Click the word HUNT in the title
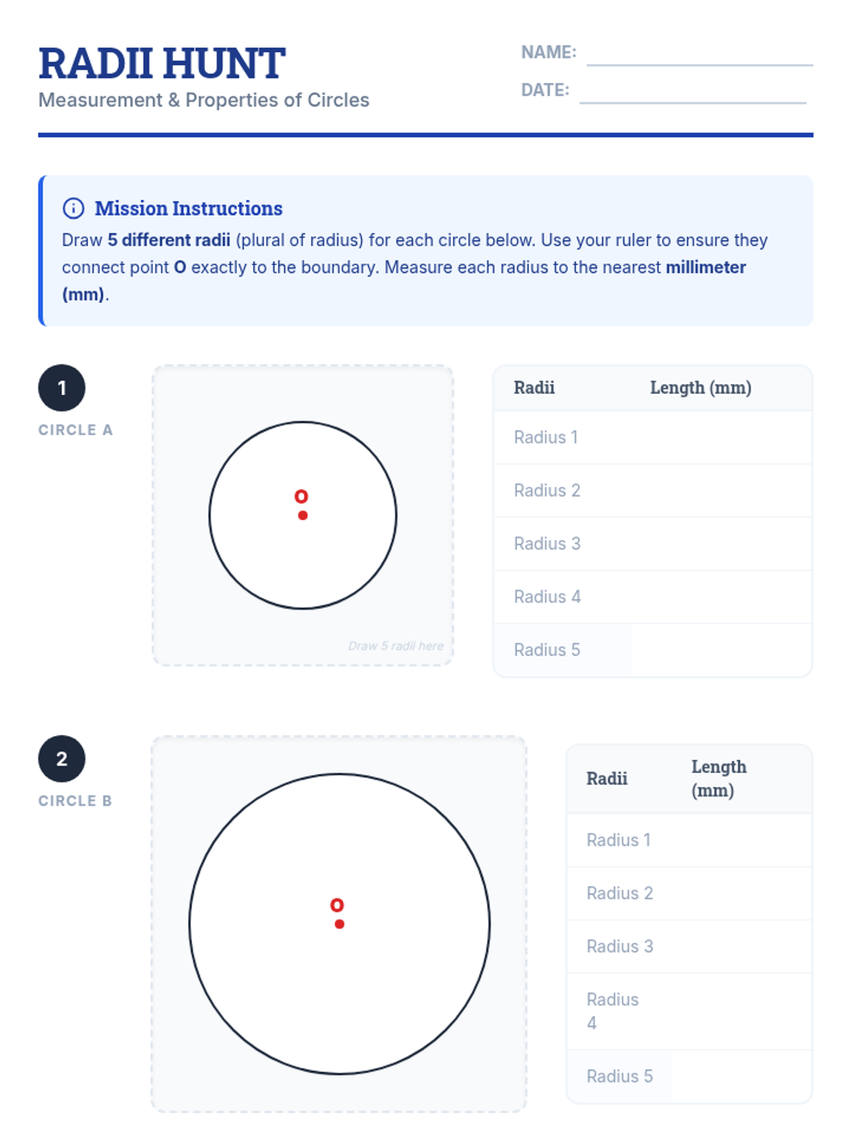pos(225,64)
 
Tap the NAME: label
pos(548,52)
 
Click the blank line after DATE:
pos(692,102)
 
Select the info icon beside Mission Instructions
pos(73,208)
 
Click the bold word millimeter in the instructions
pos(706,267)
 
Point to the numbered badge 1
pos(62,388)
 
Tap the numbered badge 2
pos(62,758)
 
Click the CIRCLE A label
pos(75,430)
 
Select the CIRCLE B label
pos(75,801)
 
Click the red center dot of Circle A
pos(303,515)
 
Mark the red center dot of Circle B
pos(340,924)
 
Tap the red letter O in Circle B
pos(337,905)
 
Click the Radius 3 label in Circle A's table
pos(547,544)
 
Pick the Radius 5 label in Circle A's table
pos(547,650)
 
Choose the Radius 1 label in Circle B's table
pos(618,840)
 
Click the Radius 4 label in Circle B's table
pos(612,1011)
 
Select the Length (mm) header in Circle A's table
pos(701,388)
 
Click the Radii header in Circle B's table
pos(607,778)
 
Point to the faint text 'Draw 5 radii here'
pos(396,646)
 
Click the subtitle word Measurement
pos(101,100)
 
